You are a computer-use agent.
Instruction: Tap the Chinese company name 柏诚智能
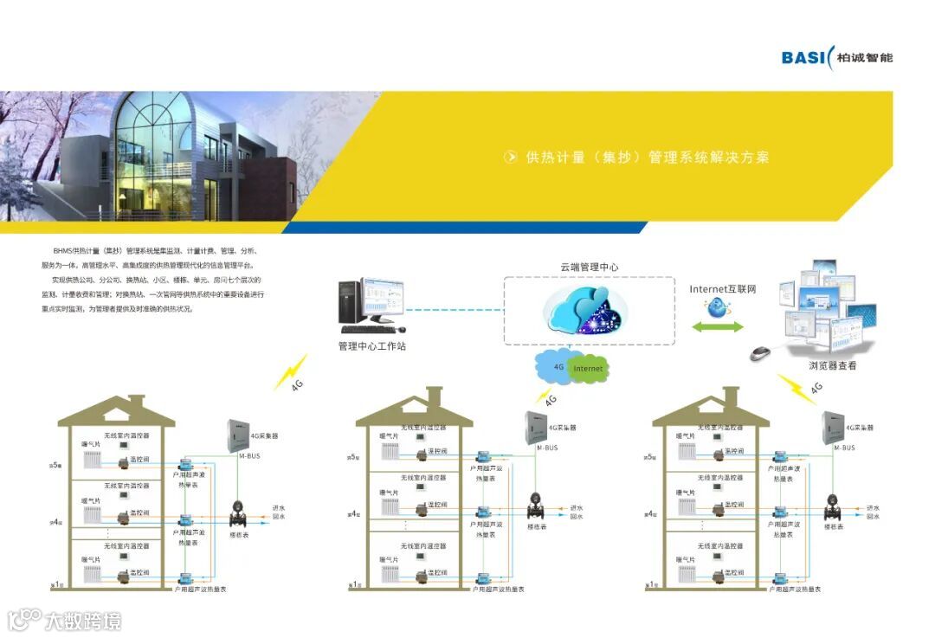pyautogui.click(x=864, y=58)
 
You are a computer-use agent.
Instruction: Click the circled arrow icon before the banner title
pyautogui.click(x=512, y=158)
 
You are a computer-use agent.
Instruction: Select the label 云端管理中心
pyautogui.click(x=589, y=267)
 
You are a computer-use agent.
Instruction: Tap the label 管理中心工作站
pyautogui.click(x=371, y=346)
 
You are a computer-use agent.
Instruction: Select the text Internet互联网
pyautogui.click(x=723, y=288)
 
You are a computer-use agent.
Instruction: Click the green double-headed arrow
pyautogui.click(x=718, y=326)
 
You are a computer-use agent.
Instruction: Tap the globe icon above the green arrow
pyautogui.click(x=718, y=306)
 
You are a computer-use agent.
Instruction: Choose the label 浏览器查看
pyautogui.click(x=832, y=366)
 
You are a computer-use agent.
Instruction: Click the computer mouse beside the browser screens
pyautogui.click(x=760, y=352)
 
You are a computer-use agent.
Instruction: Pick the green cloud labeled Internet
pyautogui.click(x=589, y=369)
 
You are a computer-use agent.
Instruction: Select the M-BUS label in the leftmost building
pyautogui.click(x=248, y=456)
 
